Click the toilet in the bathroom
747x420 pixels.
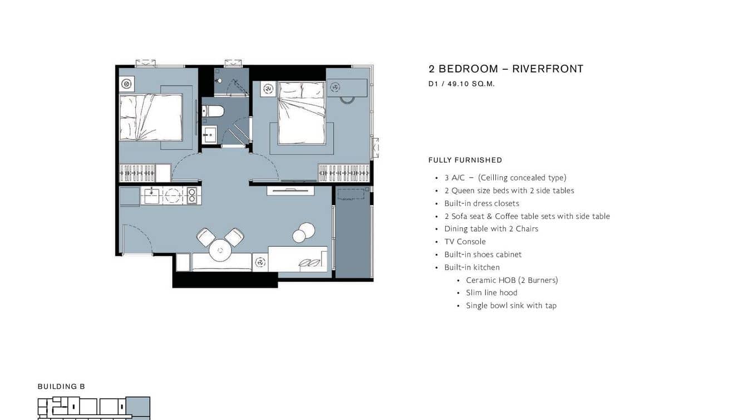click(213, 111)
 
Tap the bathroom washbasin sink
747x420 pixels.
click(210, 135)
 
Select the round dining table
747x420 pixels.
click(220, 250)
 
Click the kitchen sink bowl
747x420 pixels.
click(151, 196)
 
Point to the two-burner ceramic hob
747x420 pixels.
click(191, 196)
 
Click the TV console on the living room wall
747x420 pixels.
click(291, 191)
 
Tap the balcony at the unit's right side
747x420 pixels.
click(353, 232)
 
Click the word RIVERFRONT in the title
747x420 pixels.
click(548, 69)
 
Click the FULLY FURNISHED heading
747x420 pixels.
click(465, 160)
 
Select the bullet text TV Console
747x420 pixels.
click(465, 242)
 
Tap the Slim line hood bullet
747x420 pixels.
click(492, 292)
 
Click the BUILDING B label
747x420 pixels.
click(61, 387)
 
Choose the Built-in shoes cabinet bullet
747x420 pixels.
click(483, 255)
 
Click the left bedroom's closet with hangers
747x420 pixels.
click(137, 173)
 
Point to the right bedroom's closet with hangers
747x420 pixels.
click(343, 173)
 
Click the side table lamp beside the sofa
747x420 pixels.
click(260, 262)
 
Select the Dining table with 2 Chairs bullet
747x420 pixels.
click(491, 229)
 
